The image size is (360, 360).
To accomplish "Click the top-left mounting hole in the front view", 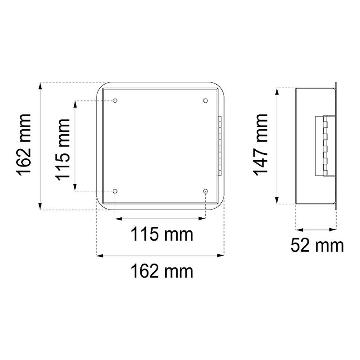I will [x=115, y=100].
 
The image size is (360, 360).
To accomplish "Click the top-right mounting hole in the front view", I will [x=205, y=100].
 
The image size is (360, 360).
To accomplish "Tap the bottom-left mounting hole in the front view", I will [x=115, y=191].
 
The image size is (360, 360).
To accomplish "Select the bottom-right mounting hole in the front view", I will [x=205, y=191].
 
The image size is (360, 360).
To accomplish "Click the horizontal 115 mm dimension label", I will [x=162, y=235].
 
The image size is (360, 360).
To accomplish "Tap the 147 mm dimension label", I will [x=260, y=145].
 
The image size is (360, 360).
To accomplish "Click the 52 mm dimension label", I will [x=317, y=246].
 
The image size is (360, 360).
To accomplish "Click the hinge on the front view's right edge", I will [x=220, y=145].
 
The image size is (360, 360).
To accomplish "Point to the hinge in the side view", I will [x=325, y=145].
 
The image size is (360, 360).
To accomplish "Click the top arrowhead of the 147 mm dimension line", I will [x=277, y=91].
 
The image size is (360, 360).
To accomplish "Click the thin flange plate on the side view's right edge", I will [x=336, y=145].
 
